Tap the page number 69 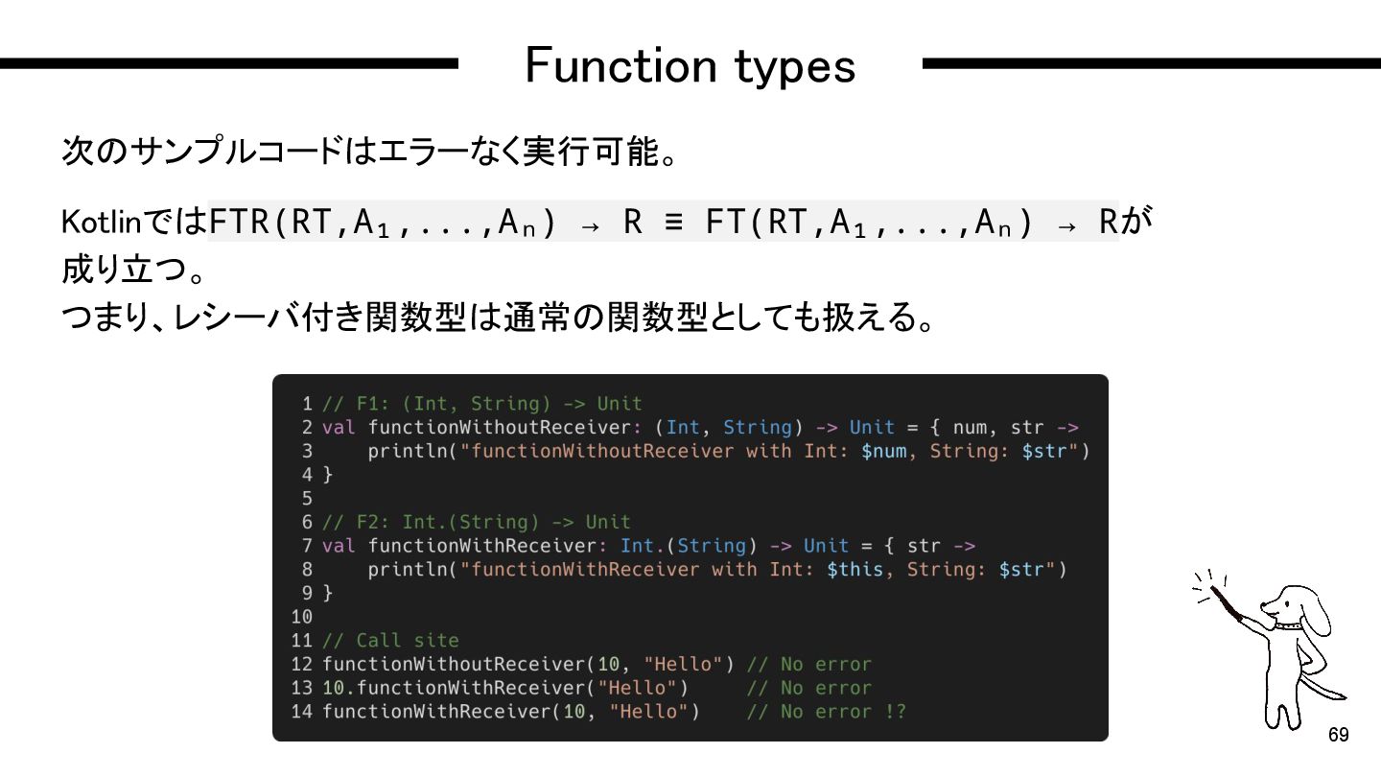[1338, 735]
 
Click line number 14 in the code [302, 712]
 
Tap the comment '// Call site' [390, 640]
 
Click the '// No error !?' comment [826, 712]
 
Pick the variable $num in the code [883, 451]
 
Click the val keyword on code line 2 [339, 428]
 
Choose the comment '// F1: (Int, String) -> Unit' [481, 404]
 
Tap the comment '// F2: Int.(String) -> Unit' [476, 523]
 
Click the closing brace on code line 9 [328, 593]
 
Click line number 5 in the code [307, 499]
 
